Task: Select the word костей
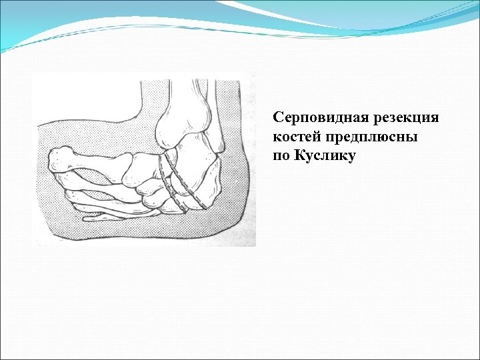pyautogui.click(x=292, y=137)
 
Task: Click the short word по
pyautogui.click(x=280, y=157)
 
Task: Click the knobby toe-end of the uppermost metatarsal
pyautogui.click(x=60, y=159)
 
